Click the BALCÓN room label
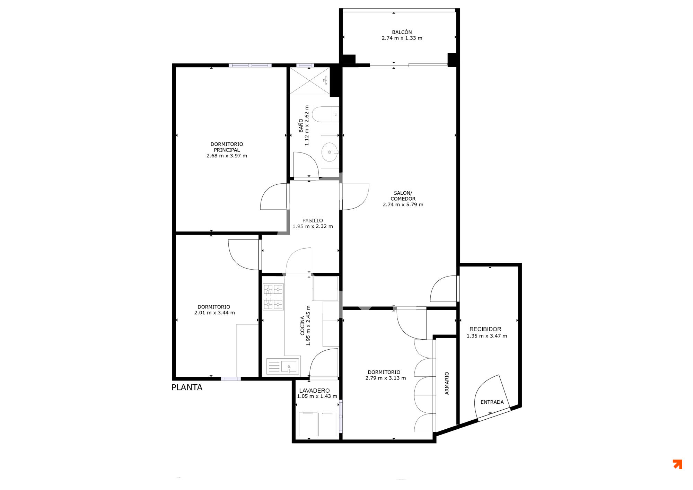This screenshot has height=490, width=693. coord(402,32)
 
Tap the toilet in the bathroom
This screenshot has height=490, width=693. coord(325,114)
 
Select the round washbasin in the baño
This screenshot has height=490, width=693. coord(330,152)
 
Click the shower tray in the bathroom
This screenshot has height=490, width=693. coord(310,81)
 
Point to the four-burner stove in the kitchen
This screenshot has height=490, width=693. coord(273,297)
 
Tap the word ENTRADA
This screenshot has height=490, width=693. coord(492,402)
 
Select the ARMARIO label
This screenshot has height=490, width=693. coord(447,383)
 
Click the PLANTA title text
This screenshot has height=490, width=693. coord(187,387)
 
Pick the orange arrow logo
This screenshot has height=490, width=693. coord(677,464)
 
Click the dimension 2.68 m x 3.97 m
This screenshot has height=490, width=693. coord(227,156)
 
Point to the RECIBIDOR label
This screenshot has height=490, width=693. coord(485,329)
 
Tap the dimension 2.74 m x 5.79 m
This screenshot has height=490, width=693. coord(403,205)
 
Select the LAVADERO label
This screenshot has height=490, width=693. coord(314,391)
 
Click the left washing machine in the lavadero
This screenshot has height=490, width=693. coord(308,424)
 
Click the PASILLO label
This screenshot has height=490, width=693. coord(313,220)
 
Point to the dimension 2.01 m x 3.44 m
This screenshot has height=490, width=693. coord(214,313)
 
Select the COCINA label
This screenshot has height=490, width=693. coord(302,325)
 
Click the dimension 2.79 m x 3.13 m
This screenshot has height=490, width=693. coord(386,378)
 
